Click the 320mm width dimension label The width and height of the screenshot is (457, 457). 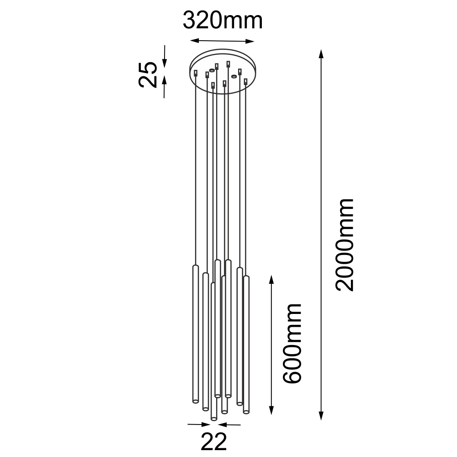coord(223,21)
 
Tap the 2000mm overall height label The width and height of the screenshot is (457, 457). coord(345,245)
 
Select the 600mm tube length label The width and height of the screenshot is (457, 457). coord(292,344)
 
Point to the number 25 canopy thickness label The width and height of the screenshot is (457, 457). coord(148,74)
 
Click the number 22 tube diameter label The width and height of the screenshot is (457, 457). coord(213,442)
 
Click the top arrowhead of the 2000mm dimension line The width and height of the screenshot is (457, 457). coord(321,53)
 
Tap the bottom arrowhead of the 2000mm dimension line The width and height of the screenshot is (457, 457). coord(321,415)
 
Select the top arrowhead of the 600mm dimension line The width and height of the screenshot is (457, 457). coord(271,280)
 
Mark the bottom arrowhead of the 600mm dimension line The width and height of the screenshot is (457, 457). coord(271,410)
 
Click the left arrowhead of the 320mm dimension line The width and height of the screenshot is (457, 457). coord(195,41)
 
